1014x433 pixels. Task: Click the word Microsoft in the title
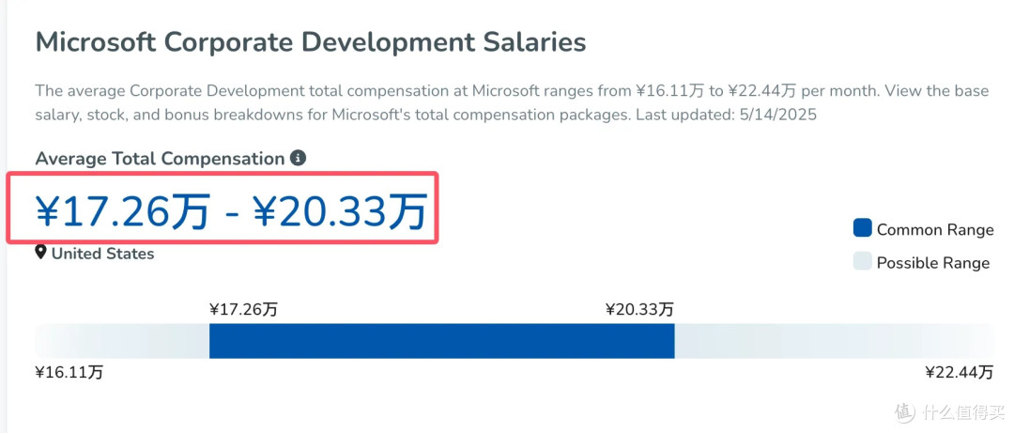pos(95,42)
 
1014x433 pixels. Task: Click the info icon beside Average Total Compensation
pos(299,158)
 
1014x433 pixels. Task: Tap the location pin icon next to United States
pos(40,253)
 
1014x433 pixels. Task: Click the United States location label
pos(103,253)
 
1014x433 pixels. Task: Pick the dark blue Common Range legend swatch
pos(863,228)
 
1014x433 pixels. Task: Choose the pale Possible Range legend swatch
pos(863,261)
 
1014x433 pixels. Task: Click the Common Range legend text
pos(935,230)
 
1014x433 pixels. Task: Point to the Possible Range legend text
pos(933,263)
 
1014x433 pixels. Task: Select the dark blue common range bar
pos(441,340)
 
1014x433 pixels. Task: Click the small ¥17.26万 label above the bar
pos(243,309)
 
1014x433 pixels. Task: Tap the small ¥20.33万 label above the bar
pos(639,309)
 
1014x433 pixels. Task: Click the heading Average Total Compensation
pos(161,159)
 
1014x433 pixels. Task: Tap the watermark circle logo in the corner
pos(905,411)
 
